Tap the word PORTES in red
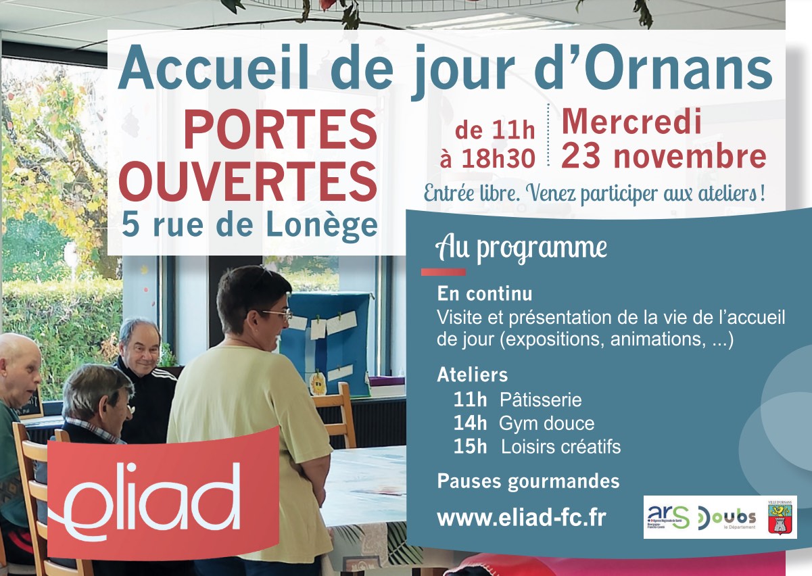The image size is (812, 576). point(280,130)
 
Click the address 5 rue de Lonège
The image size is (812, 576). point(249,224)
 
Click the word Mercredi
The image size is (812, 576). point(631,122)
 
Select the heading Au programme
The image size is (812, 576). point(521,248)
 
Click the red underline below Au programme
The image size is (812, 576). point(443,272)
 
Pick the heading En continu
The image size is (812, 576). point(484,294)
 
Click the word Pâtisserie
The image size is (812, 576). point(540,400)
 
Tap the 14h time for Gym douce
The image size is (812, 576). point(470,423)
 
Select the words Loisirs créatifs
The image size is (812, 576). point(560,447)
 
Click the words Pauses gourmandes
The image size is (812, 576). point(528,481)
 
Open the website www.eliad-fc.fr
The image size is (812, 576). point(521,518)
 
